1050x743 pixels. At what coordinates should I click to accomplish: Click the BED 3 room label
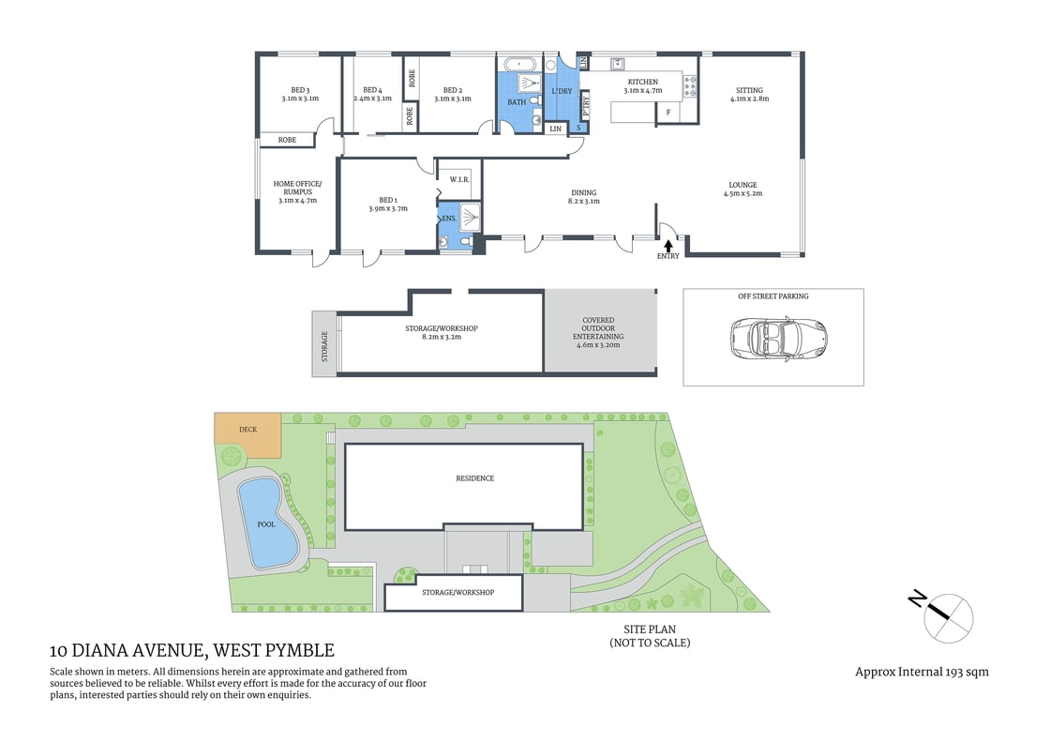300,90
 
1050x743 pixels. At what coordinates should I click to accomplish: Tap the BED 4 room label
372,90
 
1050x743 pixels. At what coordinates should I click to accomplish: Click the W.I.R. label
459,179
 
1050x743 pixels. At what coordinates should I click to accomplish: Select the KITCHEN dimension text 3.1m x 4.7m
643,91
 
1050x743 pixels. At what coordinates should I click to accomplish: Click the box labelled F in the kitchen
668,113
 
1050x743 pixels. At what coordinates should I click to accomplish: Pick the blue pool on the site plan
267,523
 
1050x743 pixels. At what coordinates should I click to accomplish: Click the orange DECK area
247,431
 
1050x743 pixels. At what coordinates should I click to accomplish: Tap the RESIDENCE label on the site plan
474,478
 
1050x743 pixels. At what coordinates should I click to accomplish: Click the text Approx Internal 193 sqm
922,672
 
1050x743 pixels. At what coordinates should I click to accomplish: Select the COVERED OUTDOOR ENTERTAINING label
600,333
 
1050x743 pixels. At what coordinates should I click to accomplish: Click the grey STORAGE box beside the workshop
324,345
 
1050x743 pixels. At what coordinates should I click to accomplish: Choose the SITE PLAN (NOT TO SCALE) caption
650,636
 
